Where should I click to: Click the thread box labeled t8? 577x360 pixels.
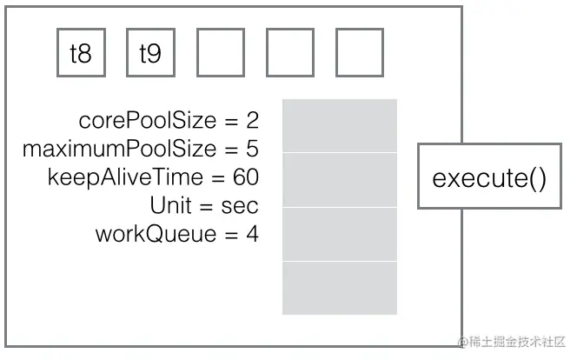81,53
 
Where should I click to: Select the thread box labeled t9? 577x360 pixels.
150,53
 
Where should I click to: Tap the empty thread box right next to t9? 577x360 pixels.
220,53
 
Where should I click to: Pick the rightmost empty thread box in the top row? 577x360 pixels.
359,53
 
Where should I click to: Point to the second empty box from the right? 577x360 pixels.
289,53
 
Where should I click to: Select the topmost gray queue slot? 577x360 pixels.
339,126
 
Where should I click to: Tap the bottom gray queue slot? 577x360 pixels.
339,288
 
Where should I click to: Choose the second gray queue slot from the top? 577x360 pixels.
339,180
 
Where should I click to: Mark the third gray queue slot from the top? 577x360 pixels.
339,234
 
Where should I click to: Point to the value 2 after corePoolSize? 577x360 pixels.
252,120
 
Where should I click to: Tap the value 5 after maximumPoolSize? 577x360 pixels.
252,149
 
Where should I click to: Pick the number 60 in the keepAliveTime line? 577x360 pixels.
246,177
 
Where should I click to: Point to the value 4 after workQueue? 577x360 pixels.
252,234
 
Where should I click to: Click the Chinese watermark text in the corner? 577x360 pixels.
513,341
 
